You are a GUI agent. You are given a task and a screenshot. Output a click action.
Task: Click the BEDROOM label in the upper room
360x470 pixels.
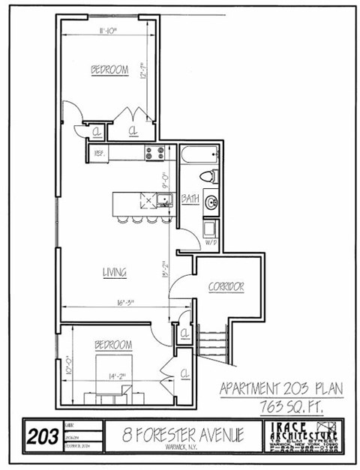pos(109,70)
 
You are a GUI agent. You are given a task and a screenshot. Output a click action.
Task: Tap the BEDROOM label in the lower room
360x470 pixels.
pos(113,345)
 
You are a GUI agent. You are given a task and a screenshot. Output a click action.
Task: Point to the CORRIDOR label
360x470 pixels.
pos(226,287)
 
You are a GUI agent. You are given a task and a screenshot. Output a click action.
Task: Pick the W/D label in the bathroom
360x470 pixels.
pos(211,243)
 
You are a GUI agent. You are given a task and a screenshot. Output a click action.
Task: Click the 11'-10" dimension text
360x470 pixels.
pos(109,31)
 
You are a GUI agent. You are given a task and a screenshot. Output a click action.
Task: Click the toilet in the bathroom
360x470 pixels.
pos(208,177)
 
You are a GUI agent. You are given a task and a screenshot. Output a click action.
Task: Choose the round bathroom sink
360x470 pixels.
pos(211,202)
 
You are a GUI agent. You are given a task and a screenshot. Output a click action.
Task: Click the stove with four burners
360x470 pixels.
pos(154,153)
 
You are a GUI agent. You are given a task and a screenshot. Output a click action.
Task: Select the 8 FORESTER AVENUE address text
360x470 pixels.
pos(175,435)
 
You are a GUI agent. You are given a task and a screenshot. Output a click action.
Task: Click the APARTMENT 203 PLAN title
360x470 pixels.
pos(280,389)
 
